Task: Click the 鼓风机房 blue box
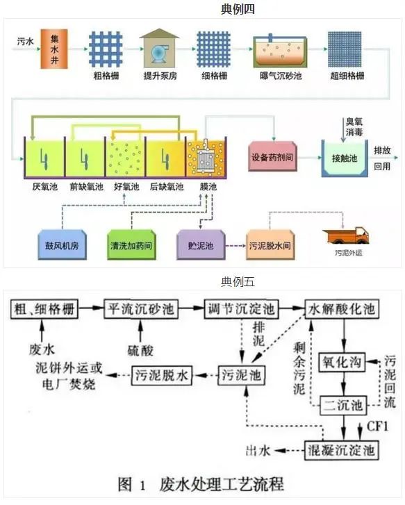click(63, 246)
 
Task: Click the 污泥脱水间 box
click(272, 245)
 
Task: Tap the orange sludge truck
click(346, 235)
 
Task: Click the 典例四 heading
click(201, 9)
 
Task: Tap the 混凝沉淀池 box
click(342, 451)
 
